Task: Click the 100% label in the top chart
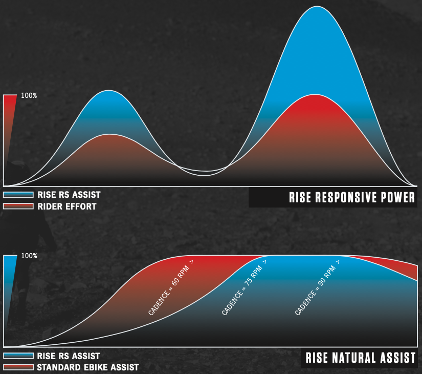coord(29,96)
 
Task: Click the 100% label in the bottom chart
coord(29,256)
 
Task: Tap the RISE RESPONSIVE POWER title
coord(352,198)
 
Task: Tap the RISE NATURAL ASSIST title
coord(361,358)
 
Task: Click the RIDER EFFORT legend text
coord(66,207)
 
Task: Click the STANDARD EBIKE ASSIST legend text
coord(87,367)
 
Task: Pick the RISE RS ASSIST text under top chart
coord(69,195)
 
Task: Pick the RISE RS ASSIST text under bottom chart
coord(69,356)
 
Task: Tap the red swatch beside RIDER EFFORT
coord(18,207)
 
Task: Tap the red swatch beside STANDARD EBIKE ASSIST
coord(18,367)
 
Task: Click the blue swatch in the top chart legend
coord(18,195)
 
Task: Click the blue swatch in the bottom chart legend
coord(18,356)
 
